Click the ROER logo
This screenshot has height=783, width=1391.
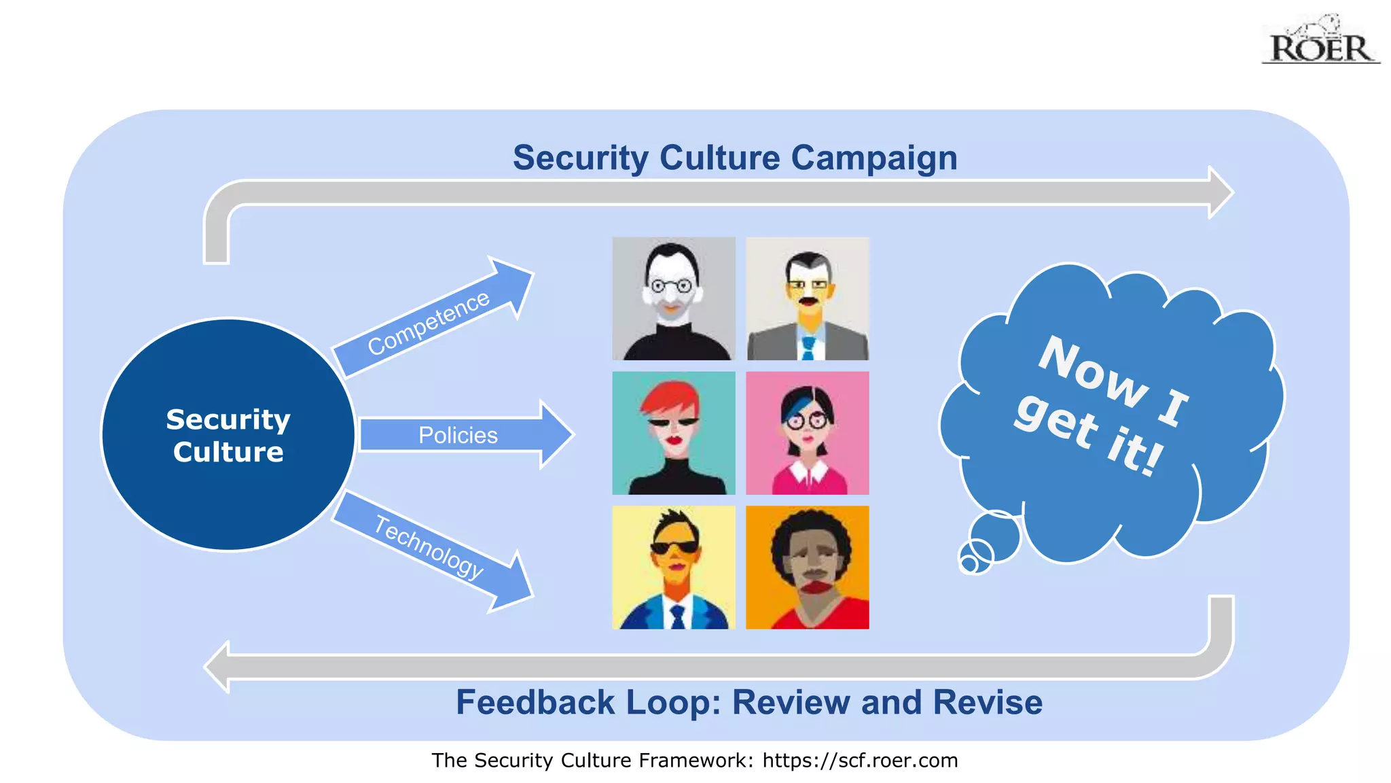click(1320, 42)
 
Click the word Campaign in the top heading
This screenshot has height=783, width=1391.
click(873, 158)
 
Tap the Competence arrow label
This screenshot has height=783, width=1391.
click(428, 323)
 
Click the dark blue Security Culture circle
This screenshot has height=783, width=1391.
click(228, 435)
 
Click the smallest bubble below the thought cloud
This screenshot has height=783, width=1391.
click(969, 565)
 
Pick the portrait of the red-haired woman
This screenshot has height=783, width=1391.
click(673, 433)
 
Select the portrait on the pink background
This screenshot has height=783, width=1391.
click(807, 433)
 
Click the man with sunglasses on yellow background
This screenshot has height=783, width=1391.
click(673, 567)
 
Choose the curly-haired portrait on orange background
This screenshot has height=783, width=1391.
click(807, 567)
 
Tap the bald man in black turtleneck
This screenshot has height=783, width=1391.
click(673, 298)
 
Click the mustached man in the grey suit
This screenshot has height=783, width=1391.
click(807, 298)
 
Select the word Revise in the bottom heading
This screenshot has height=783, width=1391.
click(988, 702)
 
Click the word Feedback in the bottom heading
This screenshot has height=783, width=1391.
click(535, 702)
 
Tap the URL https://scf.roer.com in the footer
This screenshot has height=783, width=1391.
click(860, 760)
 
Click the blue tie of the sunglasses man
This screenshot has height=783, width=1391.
click(677, 617)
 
